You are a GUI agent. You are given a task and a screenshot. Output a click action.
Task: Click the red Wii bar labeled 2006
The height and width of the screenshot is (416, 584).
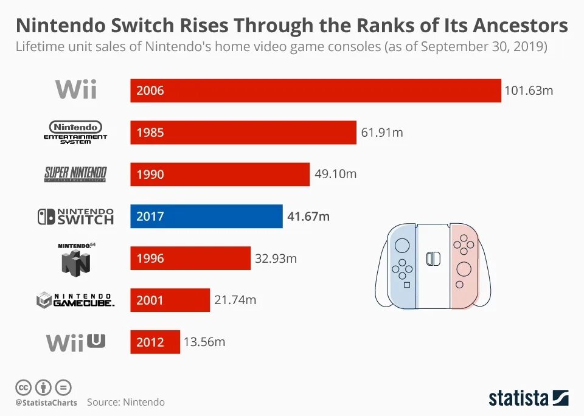tap(315, 91)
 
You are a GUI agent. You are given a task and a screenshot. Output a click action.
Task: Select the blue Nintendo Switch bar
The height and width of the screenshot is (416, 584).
tap(206, 216)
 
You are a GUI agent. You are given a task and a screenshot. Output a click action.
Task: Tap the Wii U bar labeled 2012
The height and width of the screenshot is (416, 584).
tap(155, 342)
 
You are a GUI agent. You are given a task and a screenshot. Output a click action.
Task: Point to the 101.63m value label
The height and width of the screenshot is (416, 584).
tap(529, 91)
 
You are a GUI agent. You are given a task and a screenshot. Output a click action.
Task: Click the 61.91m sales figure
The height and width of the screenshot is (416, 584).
tap(382, 133)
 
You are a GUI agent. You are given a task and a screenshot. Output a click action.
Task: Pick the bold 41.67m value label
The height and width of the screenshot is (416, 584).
tap(308, 216)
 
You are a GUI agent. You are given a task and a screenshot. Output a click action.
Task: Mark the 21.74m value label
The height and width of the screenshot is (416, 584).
tap(235, 300)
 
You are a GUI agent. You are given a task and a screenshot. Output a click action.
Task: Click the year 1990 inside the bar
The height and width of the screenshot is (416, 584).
tap(150, 175)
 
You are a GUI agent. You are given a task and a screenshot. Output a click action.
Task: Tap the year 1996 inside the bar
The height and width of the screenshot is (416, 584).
tap(150, 258)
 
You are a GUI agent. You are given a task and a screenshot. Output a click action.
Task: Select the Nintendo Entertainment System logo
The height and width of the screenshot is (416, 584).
tap(75, 132)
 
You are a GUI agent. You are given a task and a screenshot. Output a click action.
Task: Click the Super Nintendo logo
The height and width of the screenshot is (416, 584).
tap(75, 174)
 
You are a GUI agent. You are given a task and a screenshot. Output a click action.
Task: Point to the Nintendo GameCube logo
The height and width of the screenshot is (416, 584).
tap(75, 299)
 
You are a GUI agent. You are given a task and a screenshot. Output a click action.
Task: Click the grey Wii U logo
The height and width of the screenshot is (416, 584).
tap(75, 342)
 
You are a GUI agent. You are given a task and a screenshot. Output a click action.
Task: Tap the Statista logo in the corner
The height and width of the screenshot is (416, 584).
tap(528, 398)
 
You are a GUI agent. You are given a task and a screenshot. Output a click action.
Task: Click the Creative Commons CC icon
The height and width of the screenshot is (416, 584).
tap(23, 387)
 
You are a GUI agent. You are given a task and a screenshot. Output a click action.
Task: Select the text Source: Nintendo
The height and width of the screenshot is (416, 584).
tap(125, 402)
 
